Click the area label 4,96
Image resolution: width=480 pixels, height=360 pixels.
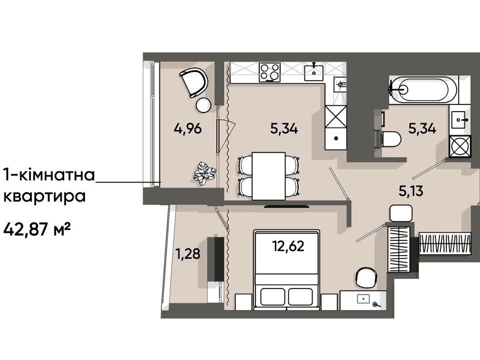pos(187,128)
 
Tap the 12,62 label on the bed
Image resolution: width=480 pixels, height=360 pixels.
pos(288,245)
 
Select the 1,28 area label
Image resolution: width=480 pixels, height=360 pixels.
pos(187,254)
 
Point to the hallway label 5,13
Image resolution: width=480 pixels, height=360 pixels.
pos(411,190)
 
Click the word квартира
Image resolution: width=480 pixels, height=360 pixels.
pos(44,197)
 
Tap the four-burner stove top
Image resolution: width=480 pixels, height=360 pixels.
pos(269,72)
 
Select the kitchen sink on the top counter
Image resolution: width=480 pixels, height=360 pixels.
pos(314,71)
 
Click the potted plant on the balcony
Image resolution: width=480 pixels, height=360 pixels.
pos(204,173)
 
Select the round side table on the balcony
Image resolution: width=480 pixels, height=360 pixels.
pos(203,105)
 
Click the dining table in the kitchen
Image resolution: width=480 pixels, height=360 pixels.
pos(269,176)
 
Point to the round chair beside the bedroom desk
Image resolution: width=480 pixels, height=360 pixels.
pos(366,278)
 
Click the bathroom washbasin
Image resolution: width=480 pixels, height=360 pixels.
pos(460,119)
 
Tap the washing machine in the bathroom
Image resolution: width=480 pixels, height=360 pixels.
pos(460,146)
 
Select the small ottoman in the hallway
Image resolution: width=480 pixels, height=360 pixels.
pos(401,213)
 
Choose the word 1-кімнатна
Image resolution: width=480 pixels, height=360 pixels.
pos(49,175)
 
